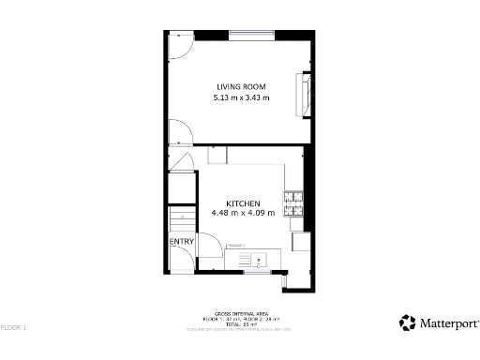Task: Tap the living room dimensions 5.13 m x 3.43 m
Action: [242, 97]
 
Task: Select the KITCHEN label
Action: [242, 202]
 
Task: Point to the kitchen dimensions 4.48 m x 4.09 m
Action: [243, 213]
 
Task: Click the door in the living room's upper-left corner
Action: [178, 44]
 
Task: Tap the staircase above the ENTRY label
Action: [180, 222]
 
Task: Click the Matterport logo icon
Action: [408, 322]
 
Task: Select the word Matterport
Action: [447, 323]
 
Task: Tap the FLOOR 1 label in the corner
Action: [15, 328]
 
